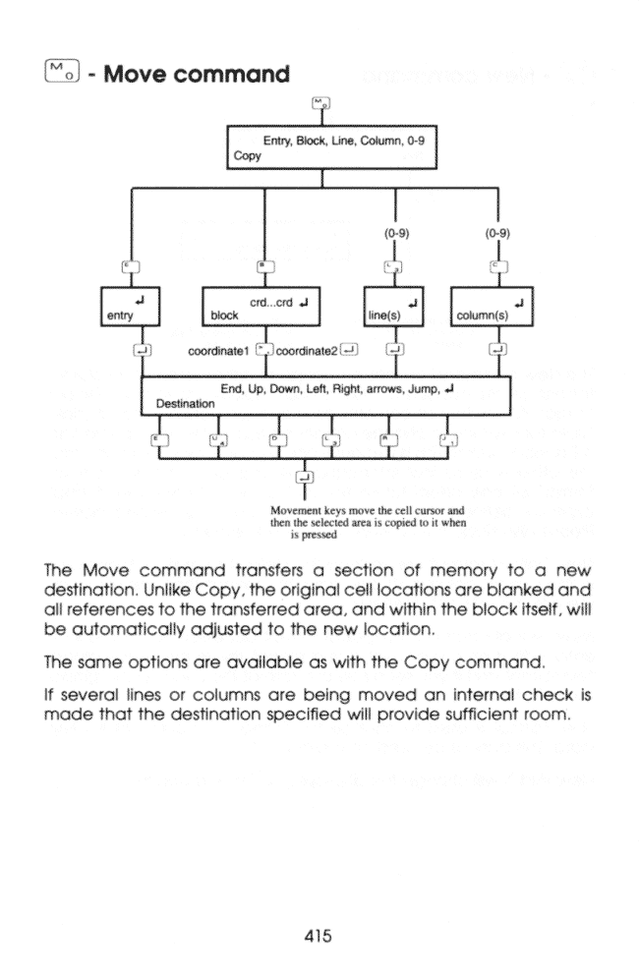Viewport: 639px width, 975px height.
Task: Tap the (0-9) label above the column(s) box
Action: click(x=498, y=234)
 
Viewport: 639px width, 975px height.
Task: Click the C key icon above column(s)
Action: click(x=497, y=266)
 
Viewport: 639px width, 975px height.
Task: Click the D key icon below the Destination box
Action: click(x=274, y=438)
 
